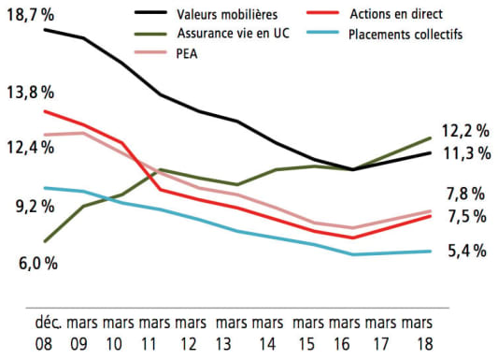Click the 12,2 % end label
coord(464,131)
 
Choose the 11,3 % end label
coord(464,154)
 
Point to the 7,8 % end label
coord(464,194)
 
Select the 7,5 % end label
coord(464,217)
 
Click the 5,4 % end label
coord(464,251)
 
